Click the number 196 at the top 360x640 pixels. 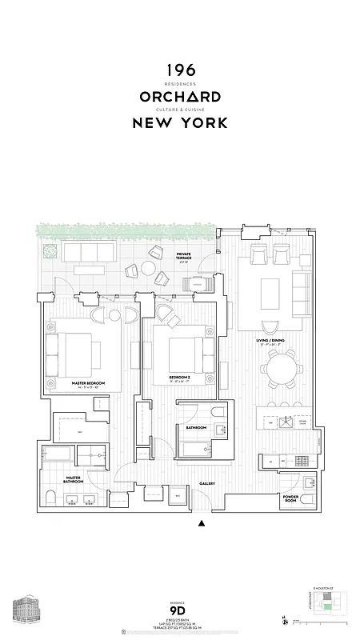pos(180,71)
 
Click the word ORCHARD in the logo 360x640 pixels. pos(180,97)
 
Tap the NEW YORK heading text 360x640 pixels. pos(180,123)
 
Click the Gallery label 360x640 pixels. pos(207,483)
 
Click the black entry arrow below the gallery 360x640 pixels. pos(201,524)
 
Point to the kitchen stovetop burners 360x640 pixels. pos(303,461)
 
